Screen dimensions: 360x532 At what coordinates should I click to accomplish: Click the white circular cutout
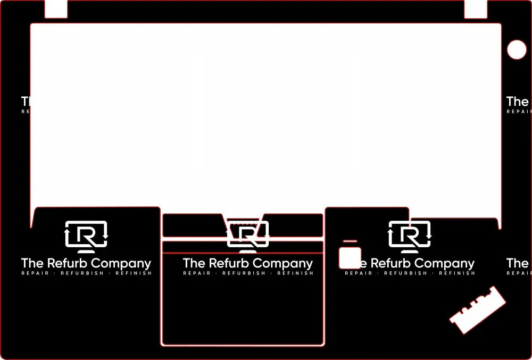pyautogui.click(x=516, y=49)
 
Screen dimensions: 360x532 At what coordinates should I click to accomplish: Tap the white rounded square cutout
pyautogui.click(x=350, y=258)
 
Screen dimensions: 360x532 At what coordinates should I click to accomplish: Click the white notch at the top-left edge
pyautogui.click(x=56, y=9)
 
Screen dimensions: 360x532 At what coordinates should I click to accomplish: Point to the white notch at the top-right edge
pyautogui.click(x=476, y=9)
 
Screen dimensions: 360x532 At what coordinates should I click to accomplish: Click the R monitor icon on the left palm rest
pyautogui.click(x=86, y=235)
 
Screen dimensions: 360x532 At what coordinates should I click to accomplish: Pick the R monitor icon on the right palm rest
pyautogui.click(x=410, y=235)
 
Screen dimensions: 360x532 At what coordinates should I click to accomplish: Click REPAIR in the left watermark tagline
pyautogui.click(x=35, y=273)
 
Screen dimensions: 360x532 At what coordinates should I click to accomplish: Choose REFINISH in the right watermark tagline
pyautogui.click(x=458, y=273)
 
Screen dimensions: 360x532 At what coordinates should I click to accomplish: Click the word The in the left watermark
pyautogui.click(x=32, y=263)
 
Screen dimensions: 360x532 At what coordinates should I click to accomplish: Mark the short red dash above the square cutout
pyautogui.click(x=350, y=241)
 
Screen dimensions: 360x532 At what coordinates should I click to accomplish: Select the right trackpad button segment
pyautogui.click(x=295, y=225)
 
